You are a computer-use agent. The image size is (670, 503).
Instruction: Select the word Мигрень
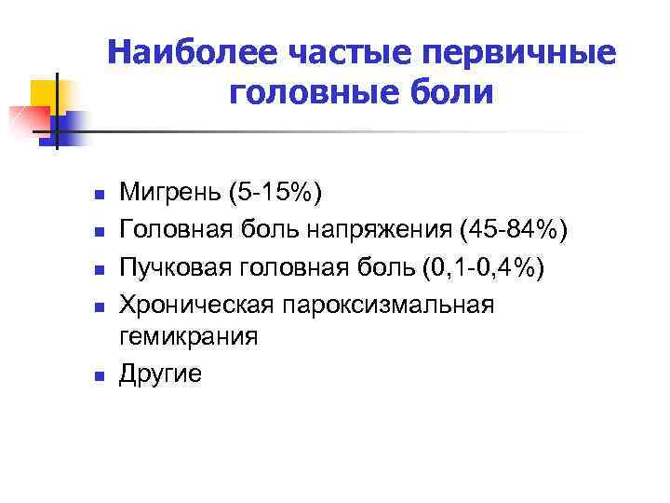click(x=168, y=194)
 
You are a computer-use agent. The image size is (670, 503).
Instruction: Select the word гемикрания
click(x=188, y=336)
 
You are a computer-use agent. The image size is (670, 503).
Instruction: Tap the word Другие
click(x=160, y=373)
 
